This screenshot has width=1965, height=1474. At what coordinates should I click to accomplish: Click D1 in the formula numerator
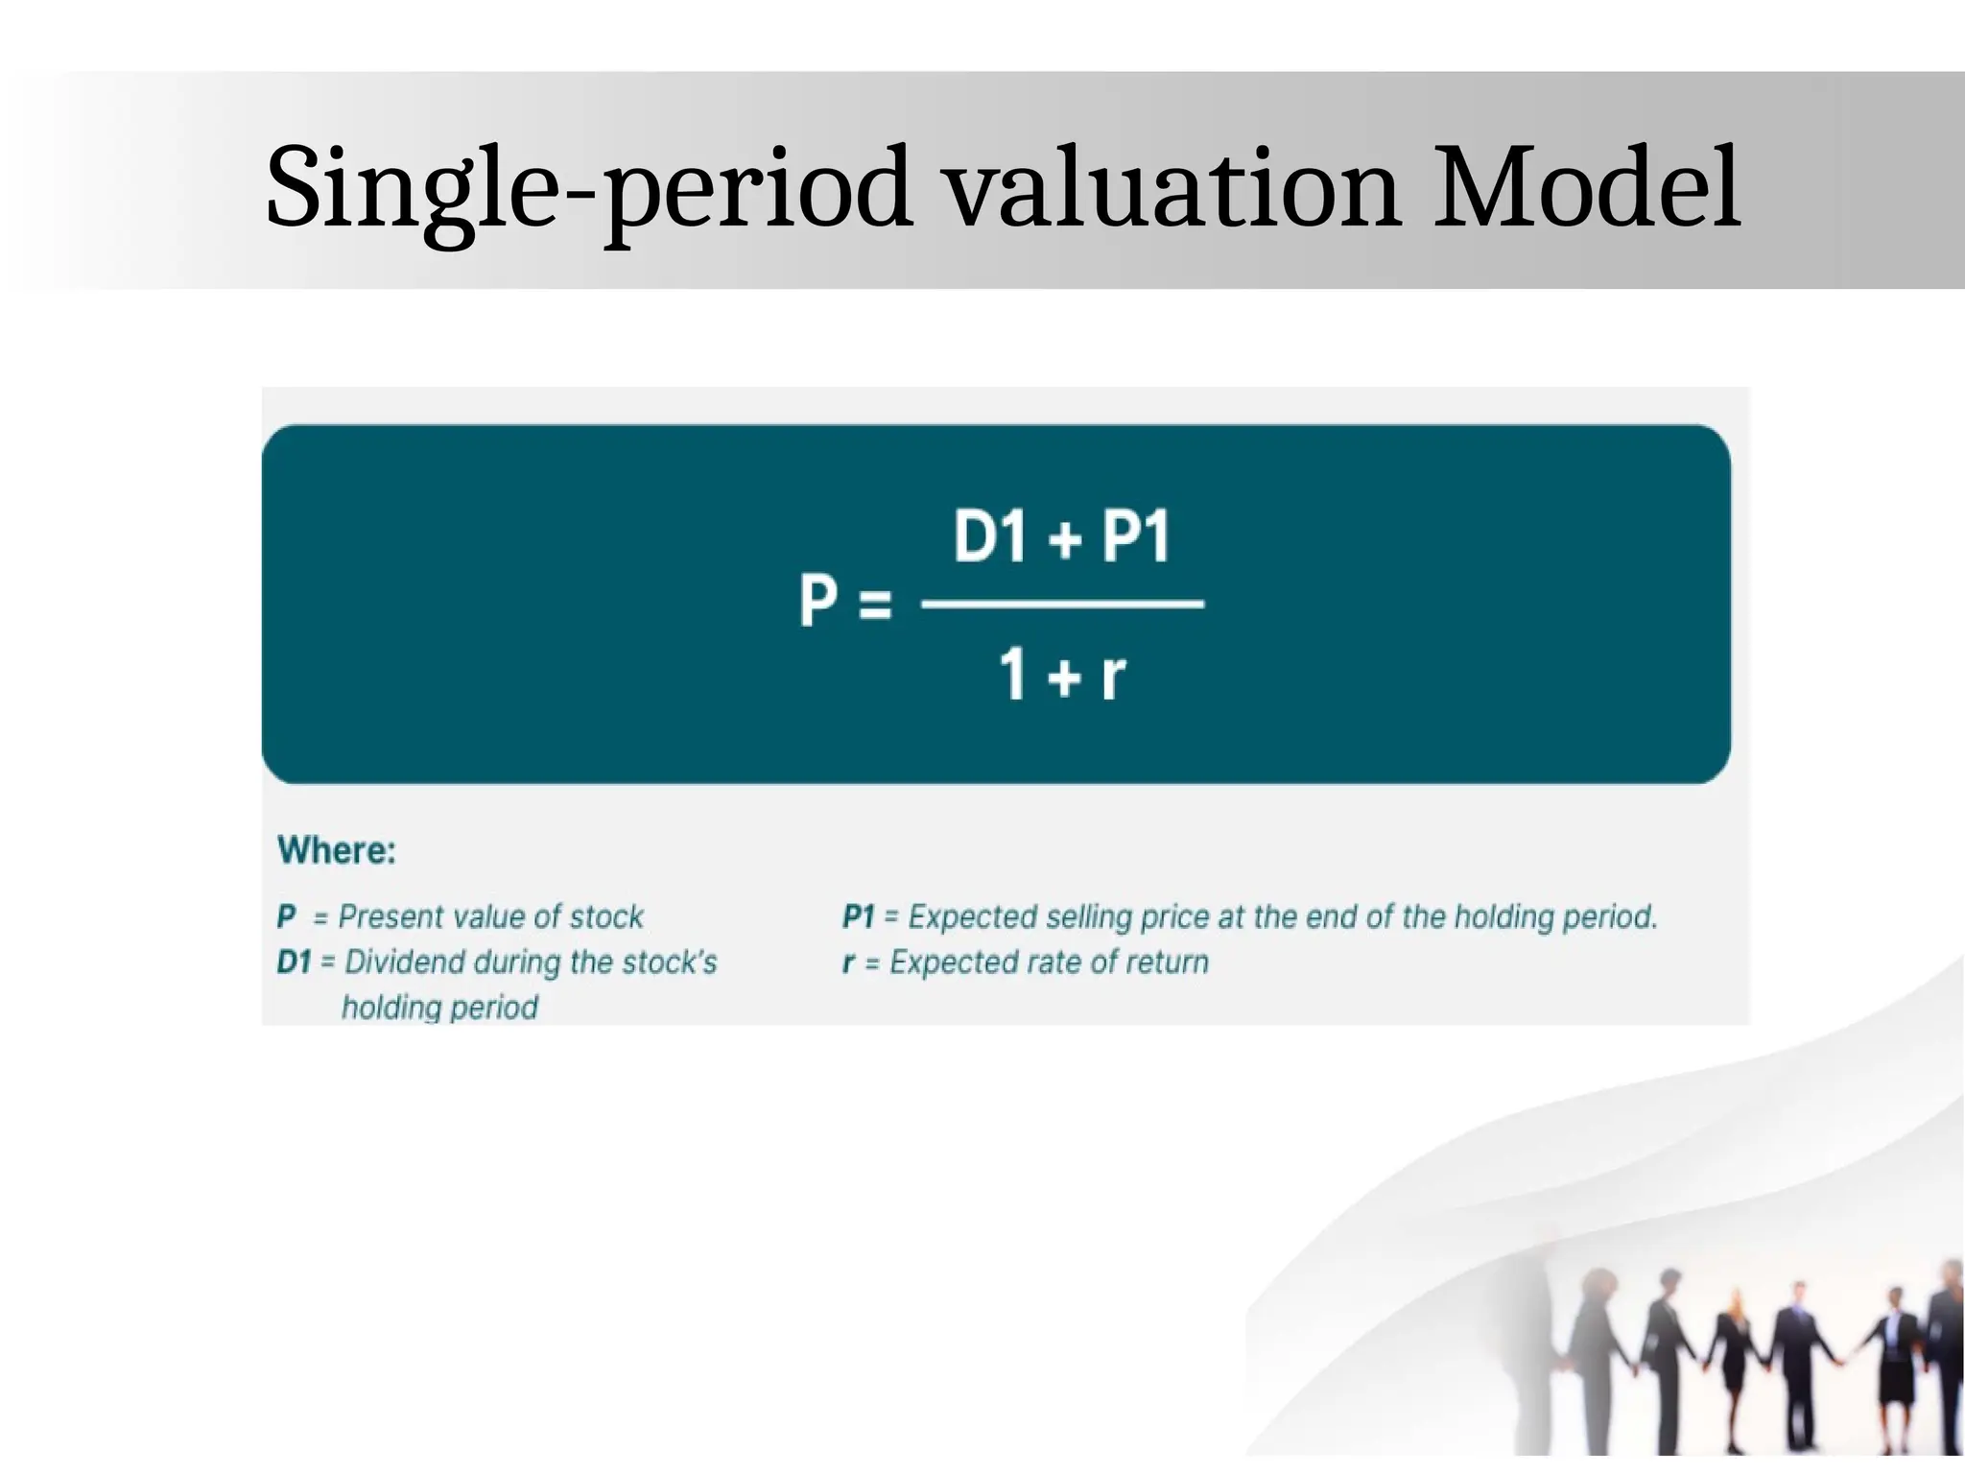(x=990, y=536)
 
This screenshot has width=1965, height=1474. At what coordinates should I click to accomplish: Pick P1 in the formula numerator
(x=1136, y=536)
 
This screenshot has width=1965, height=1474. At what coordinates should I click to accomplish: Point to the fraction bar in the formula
(x=1062, y=604)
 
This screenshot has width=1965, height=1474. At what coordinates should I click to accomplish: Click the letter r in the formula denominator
(x=1113, y=675)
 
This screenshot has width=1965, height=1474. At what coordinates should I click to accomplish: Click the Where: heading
(x=336, y=850)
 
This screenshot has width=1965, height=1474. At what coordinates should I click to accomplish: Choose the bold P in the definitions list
(x=286, y=916)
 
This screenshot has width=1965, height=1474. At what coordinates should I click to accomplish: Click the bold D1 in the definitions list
(x=294, y=962)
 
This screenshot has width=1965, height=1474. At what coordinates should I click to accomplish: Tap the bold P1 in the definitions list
(x=858, y=916)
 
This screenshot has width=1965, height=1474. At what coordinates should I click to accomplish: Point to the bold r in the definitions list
(x=848, y=962)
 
